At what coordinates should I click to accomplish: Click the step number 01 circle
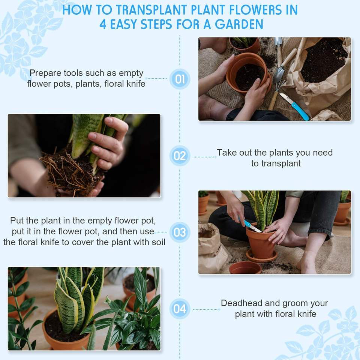[180, 79]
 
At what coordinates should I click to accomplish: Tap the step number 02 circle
[180, 156]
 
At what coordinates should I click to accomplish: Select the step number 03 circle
[180, 232]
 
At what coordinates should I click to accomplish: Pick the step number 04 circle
[180, 309]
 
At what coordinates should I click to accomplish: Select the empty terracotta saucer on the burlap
[245, 268]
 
